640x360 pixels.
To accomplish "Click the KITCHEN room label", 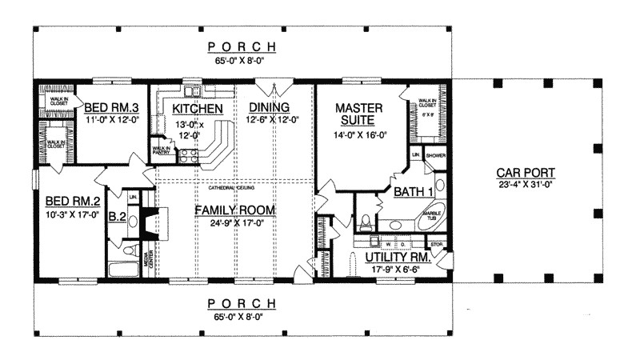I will [191, 108].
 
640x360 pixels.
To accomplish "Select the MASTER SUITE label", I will [358, 114].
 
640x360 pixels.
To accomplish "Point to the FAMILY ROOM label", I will [236, 210].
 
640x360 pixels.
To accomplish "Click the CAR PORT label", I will [526, 173].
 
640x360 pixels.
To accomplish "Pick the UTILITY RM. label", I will [398, 258].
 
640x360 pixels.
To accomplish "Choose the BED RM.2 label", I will [71, 202].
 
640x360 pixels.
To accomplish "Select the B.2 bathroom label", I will [117, 216].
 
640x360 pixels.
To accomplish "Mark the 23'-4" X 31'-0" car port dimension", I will [526, 186].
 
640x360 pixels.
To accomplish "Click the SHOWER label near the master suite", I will [435, 156].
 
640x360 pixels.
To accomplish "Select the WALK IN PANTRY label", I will [162, 149].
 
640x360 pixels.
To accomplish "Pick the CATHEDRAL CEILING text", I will [231, 189].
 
